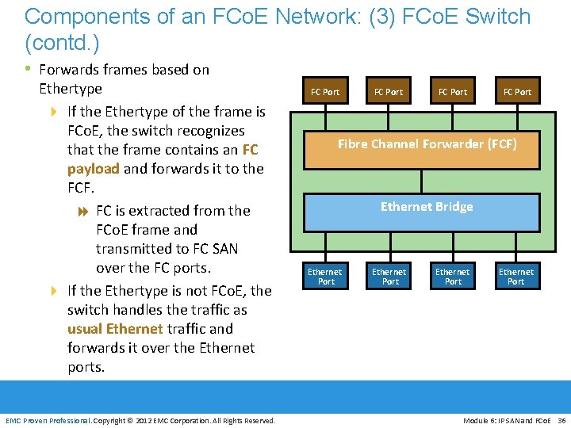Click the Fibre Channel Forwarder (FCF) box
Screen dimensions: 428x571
[427, 144]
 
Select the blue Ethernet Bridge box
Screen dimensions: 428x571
[427, 208]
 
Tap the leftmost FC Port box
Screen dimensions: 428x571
[325, 92]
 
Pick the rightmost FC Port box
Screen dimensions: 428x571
[517, 92]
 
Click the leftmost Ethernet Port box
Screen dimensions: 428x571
[325, 277]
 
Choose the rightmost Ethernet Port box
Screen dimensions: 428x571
[516, 277]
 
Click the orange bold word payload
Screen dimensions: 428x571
[93, 169]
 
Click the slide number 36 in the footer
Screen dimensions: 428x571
[561, 420]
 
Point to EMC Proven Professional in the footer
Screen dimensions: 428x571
[48, 420]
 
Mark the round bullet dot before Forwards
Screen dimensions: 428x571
[29, 70]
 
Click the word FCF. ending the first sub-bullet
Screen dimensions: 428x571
[81, 189]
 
